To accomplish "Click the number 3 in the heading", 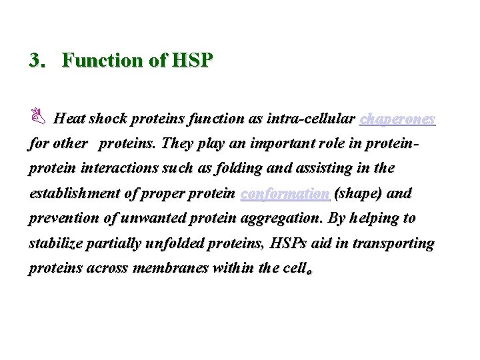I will (35, 61).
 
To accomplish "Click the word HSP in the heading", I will (192, 61).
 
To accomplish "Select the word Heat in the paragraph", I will (68, 119).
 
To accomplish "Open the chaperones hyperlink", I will (397, 119).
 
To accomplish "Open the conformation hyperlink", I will (285, 194).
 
